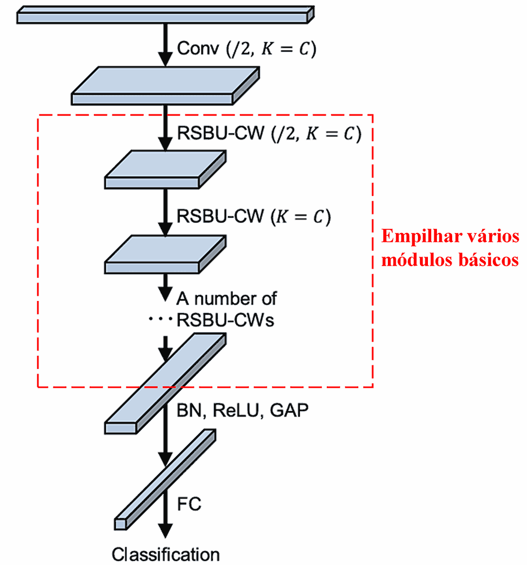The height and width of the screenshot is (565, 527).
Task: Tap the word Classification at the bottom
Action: (x=165, y=554)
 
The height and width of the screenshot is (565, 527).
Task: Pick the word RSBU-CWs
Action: (x=226, y=320)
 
